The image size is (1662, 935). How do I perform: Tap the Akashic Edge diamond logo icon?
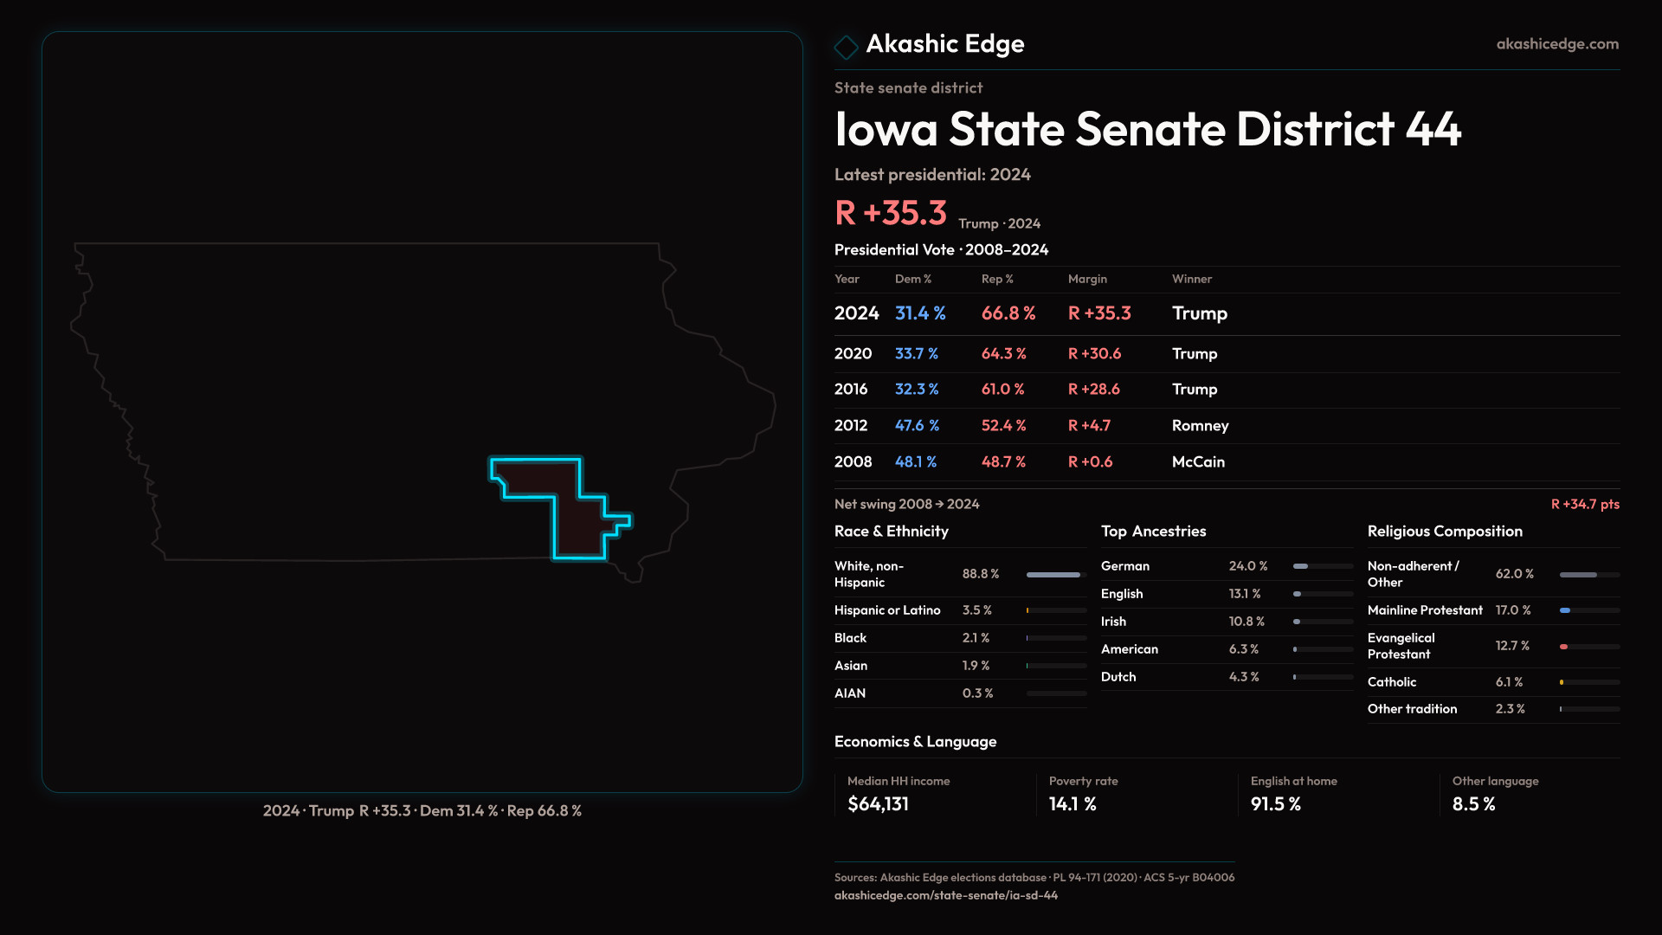[x=846, y=47]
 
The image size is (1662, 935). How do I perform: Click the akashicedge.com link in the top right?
[x=1556, y=44]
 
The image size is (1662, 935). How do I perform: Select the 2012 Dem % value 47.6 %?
[x=917, y=426]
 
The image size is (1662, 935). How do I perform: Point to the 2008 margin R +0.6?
[x=1090, y=462]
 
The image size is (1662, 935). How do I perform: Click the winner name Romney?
[x=1200, y=426]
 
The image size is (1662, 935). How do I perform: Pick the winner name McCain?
[x=1198, y=462]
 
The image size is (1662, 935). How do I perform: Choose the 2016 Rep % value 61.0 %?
[x=1002, y=390]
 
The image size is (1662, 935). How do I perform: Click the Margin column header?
[x=1087, y=279]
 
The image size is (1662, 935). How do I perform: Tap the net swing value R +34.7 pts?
[x=1584, y=504]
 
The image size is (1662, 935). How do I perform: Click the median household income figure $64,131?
[x=878, y=804]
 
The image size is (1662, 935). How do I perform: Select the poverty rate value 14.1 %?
[x=1073, y=804]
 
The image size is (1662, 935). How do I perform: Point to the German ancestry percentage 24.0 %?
[x=1247, y=566]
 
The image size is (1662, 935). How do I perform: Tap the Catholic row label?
[x=1391, y=682]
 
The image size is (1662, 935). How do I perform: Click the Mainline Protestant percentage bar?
[x=1588, y=610]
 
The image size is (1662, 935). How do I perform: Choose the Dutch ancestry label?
[x=1118, y=677]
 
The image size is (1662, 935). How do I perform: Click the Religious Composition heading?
[x=1444, y=532]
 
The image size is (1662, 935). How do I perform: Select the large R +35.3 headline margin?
[x=890, y=213]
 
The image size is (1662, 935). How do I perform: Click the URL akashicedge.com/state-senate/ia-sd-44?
[x=945, y=895]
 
